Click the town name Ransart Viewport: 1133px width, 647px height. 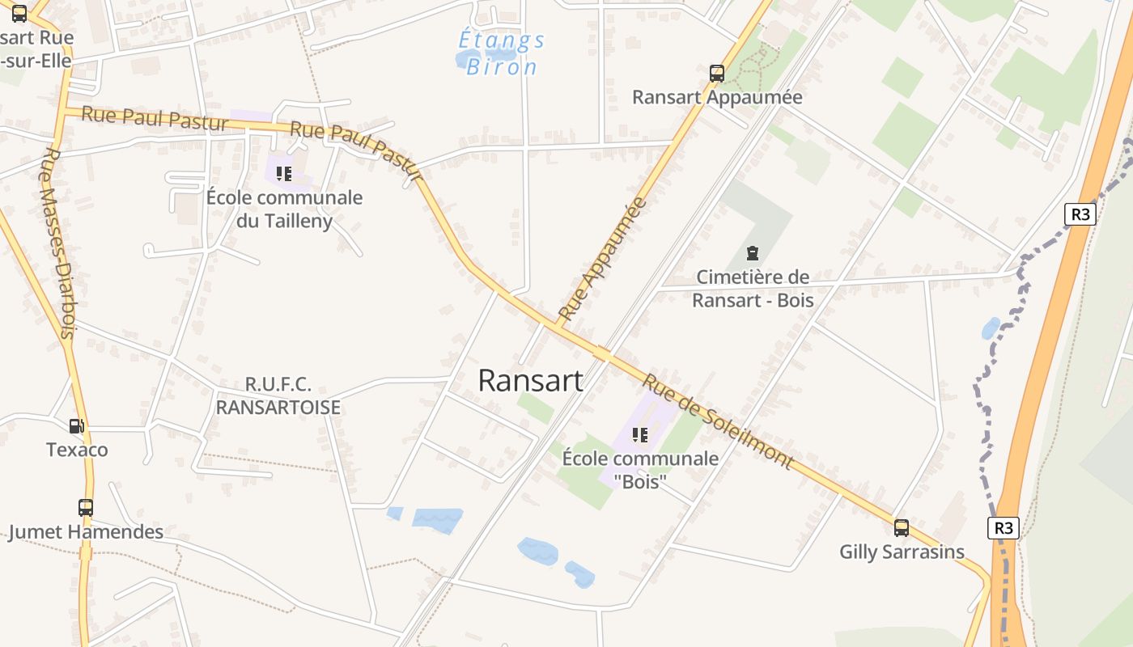[x=530, y=380]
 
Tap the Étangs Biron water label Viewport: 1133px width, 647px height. [x=501, y=53]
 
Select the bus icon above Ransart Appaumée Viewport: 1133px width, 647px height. [x=716, y=74]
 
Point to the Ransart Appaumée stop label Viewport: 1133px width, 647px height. [x=717, y=97]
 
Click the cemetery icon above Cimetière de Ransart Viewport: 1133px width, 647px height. [x=753, y=254]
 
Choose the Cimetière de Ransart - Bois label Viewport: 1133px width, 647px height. [x=753, y=289]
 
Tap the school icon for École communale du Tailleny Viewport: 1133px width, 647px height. [x=283, y=173]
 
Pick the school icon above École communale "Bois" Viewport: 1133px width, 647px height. [x=640, y=435]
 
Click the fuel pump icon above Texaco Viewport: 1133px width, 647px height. [x=76, y=425]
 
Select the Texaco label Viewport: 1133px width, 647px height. [x=77, y=450]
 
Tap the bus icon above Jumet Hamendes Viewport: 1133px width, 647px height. [x=86, y=508]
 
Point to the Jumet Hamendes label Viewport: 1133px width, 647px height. [x=86, y=532]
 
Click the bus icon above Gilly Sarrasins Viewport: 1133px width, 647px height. [x=902, y=528]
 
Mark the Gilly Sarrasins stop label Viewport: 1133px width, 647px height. [x=902, y=552]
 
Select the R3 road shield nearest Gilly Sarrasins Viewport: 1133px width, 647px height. [x=1003, y=528]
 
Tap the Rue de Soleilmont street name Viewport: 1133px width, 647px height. [x=717, y=421]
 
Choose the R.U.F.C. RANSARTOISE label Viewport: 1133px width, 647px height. [x=278, y=396]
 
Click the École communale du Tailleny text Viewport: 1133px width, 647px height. [x=284, y=209]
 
